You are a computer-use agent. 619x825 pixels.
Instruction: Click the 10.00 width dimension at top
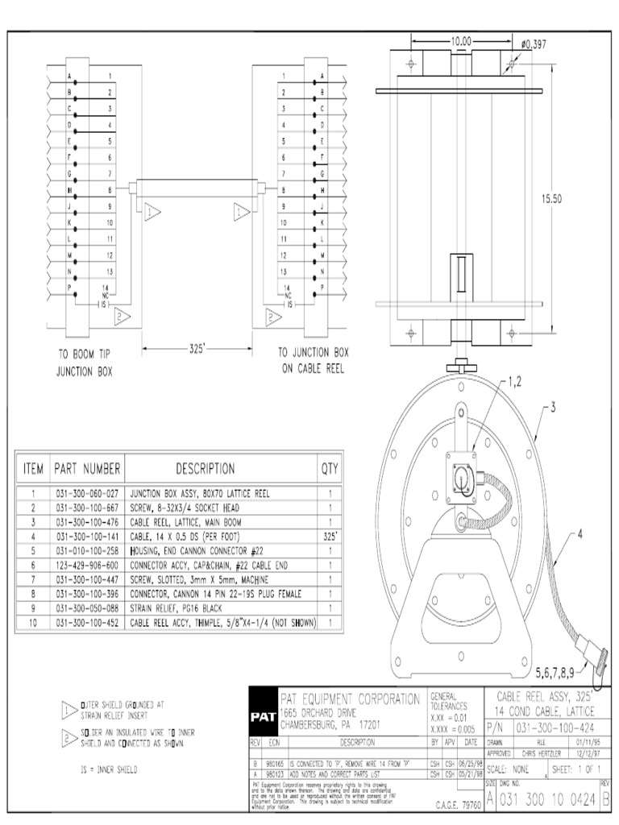(461, 40)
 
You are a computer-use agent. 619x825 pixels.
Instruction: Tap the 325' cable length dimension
(196, 348)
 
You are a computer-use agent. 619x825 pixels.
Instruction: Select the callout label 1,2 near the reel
(520, 380)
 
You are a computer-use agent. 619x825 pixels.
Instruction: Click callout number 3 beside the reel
(554, 408)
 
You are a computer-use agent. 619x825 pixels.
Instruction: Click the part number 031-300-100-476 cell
(86, 522)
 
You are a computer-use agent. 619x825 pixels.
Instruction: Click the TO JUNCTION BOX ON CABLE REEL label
(314, 360)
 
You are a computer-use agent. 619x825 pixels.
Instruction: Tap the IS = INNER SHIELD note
(110, 769)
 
